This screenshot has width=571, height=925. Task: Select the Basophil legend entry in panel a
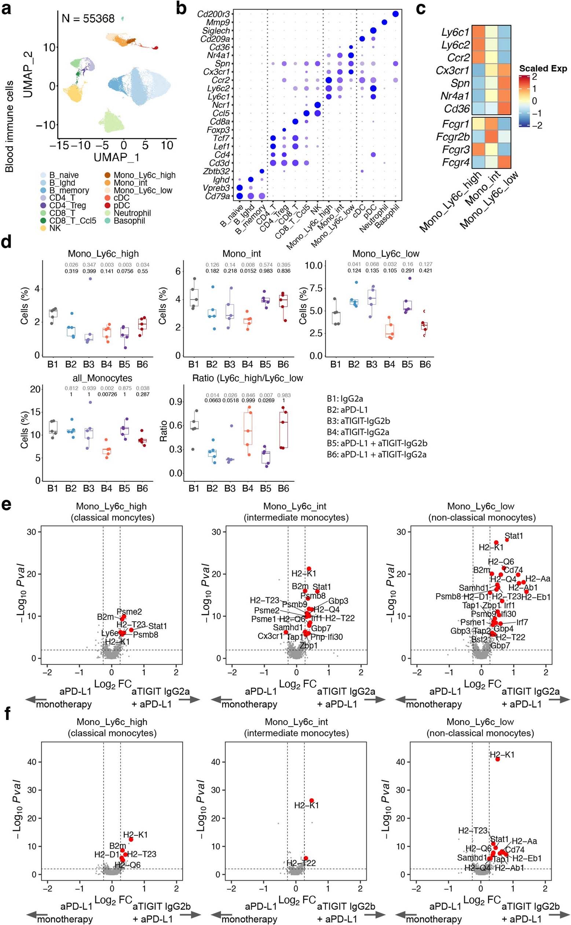(129, 221)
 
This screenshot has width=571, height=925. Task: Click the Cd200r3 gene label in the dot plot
(213, 14)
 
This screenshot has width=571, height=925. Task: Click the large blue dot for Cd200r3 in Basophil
(395, 14)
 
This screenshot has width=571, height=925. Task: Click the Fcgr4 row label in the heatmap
(455, 163)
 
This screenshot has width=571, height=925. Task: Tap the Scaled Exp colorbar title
(543, 68)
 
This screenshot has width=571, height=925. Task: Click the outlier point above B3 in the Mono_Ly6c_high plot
(90, 278)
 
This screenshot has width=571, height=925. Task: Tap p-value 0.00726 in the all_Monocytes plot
(106, 394)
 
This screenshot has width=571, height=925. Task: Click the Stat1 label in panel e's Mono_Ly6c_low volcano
(513, 536)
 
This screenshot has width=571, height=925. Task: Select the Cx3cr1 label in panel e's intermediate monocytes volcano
(270, 636)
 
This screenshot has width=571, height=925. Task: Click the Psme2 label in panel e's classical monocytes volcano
(129, 612)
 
